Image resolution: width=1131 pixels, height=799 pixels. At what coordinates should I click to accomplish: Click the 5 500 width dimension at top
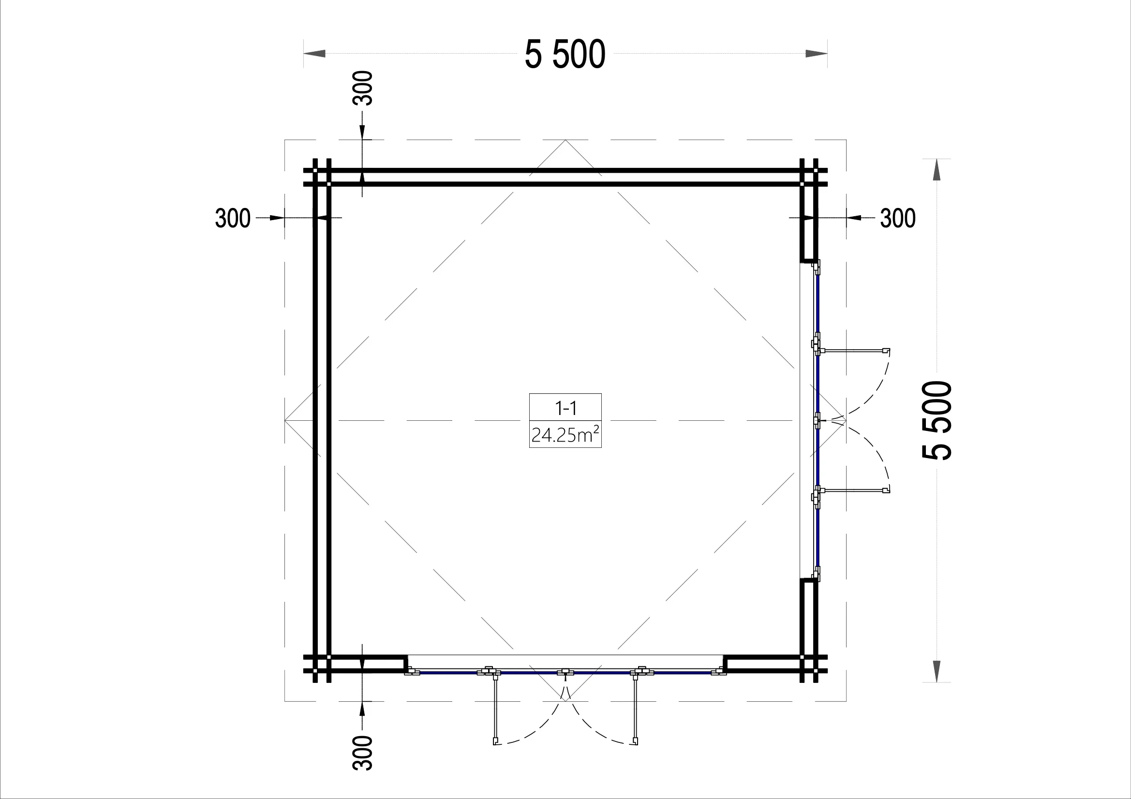(x=565, y=54)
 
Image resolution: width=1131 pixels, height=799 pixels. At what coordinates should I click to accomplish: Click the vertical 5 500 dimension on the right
(x=937, y=421)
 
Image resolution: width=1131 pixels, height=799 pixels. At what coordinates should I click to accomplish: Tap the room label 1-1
(x=565, y=407)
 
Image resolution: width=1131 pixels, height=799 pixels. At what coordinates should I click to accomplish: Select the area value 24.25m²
(x=565, y=435)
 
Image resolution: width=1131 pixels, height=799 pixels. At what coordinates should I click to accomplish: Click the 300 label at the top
(x=362, y=88)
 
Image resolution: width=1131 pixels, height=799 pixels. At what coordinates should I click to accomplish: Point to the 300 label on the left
(x=233, y=218)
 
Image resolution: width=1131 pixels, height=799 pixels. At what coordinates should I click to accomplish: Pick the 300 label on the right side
(x=898, y=218)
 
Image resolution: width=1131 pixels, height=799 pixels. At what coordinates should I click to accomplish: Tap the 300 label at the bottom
(x=362, y=753)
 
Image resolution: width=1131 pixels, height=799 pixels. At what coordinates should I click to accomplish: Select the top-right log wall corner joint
(x=808, y=178)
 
